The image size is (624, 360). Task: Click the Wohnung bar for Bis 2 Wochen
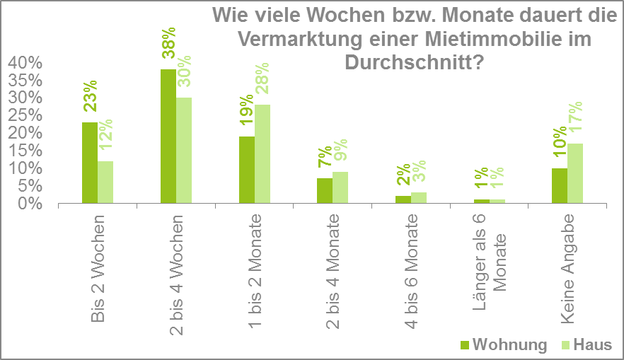89,163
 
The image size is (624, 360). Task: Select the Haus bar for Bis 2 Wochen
105,182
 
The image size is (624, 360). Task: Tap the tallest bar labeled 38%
168,136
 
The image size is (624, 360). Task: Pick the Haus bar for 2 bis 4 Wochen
183,150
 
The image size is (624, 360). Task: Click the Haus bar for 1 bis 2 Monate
262,153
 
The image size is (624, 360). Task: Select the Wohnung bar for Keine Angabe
560,185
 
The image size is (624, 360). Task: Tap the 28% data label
262,82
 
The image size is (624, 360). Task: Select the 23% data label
90,98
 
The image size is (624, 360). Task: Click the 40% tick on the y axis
26,63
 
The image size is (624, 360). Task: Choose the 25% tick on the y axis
26,115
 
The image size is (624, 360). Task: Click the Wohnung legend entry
503,344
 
